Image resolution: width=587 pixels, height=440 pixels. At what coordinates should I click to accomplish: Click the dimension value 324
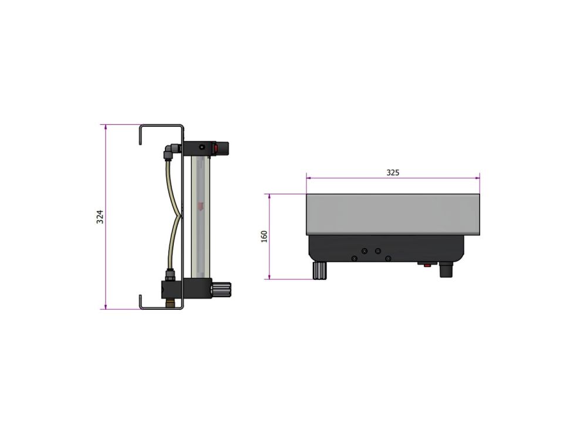[100, 217]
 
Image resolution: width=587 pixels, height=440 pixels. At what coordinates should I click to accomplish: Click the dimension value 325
[393, 172]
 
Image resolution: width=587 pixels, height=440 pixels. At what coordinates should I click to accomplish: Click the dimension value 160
[264, 236]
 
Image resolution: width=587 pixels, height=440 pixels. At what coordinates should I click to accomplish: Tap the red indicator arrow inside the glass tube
[201, 206]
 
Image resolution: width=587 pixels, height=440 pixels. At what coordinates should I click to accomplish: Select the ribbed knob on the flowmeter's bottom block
[222, 289]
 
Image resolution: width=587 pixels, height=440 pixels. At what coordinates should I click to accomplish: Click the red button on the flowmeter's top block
[215, 148]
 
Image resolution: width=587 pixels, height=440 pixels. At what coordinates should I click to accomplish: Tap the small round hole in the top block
[202, 147]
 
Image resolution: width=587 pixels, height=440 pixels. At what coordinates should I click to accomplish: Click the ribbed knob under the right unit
[320, 270]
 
